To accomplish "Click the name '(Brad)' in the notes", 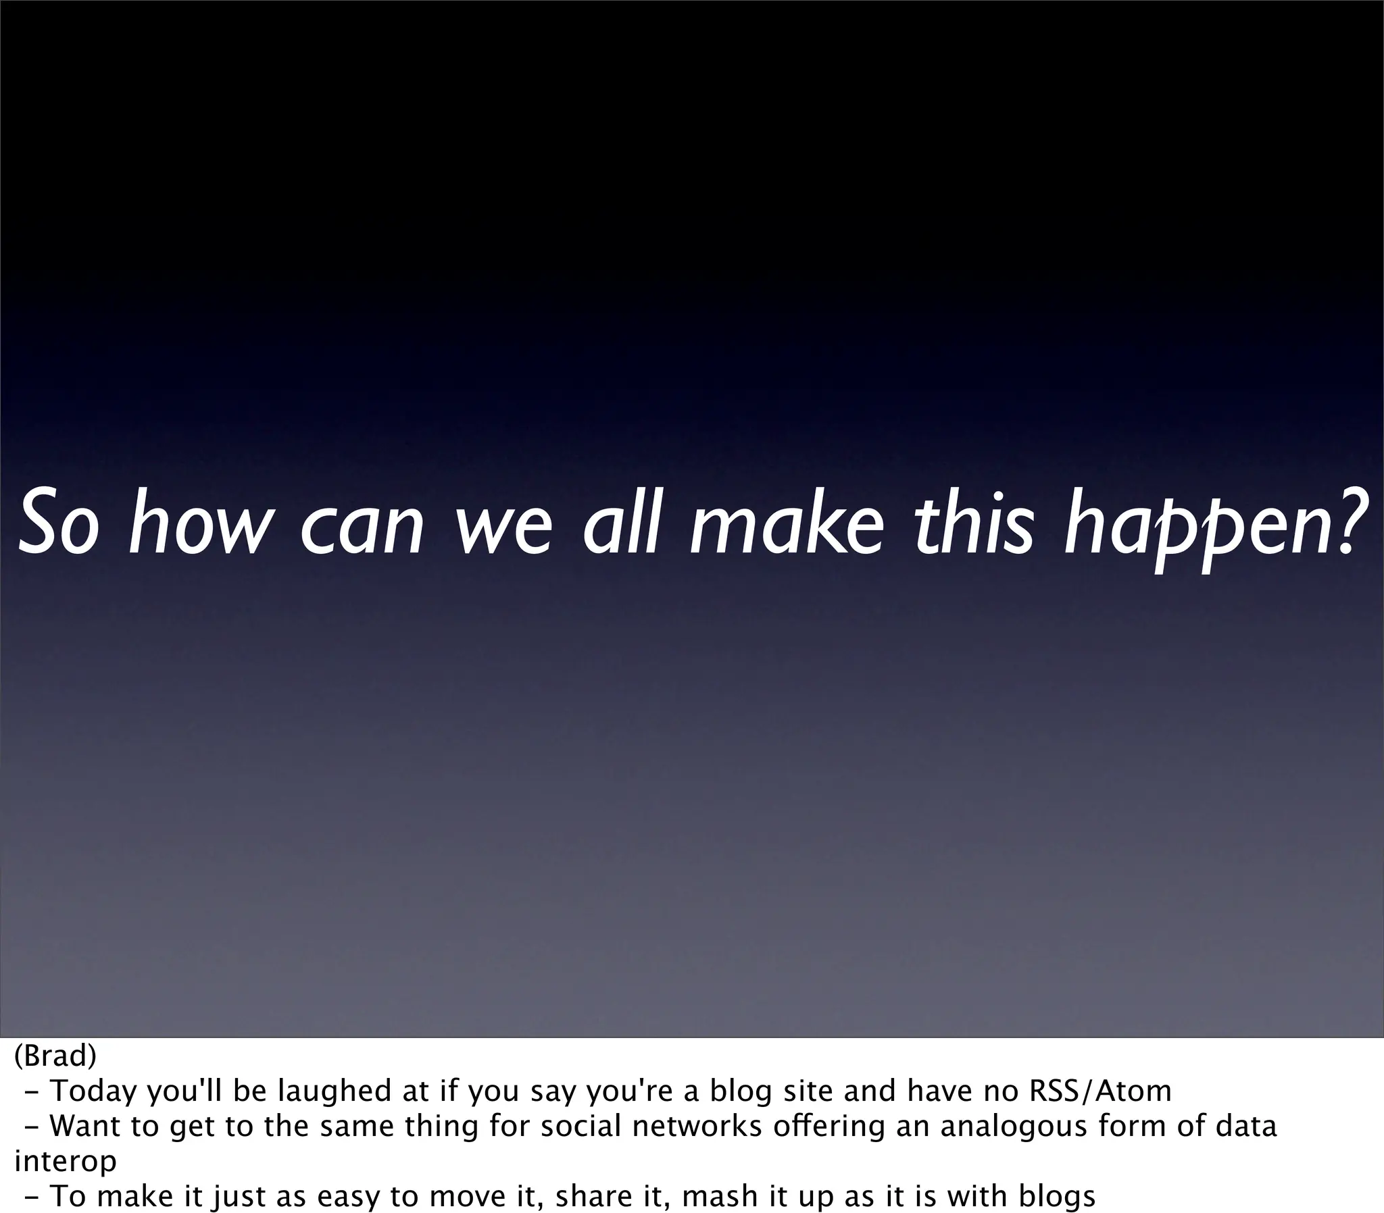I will [x=55, y=1055].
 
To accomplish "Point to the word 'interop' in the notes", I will [x=65, y=1162].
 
